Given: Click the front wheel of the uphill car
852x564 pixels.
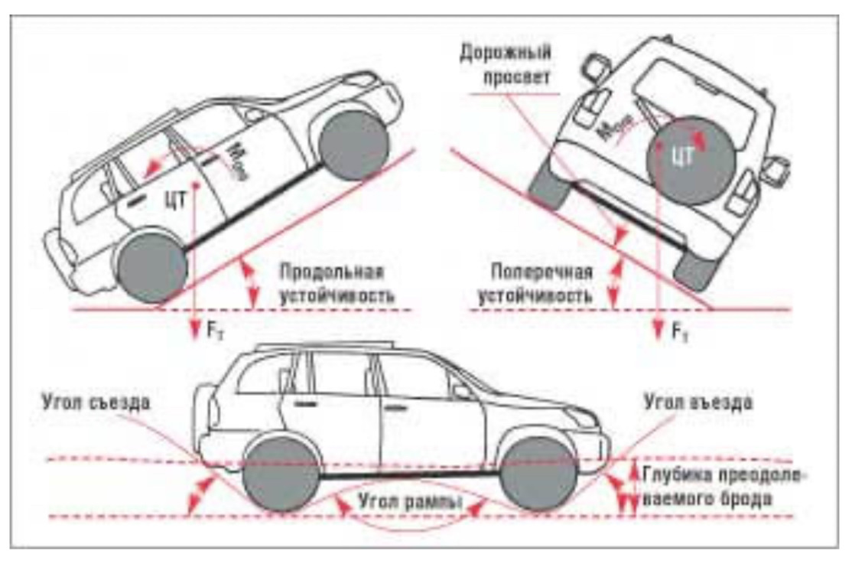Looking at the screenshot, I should click(353, 145).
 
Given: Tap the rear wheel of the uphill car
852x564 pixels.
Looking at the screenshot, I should click(153, 265).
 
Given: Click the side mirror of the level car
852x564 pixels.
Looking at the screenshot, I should click(464, 392).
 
